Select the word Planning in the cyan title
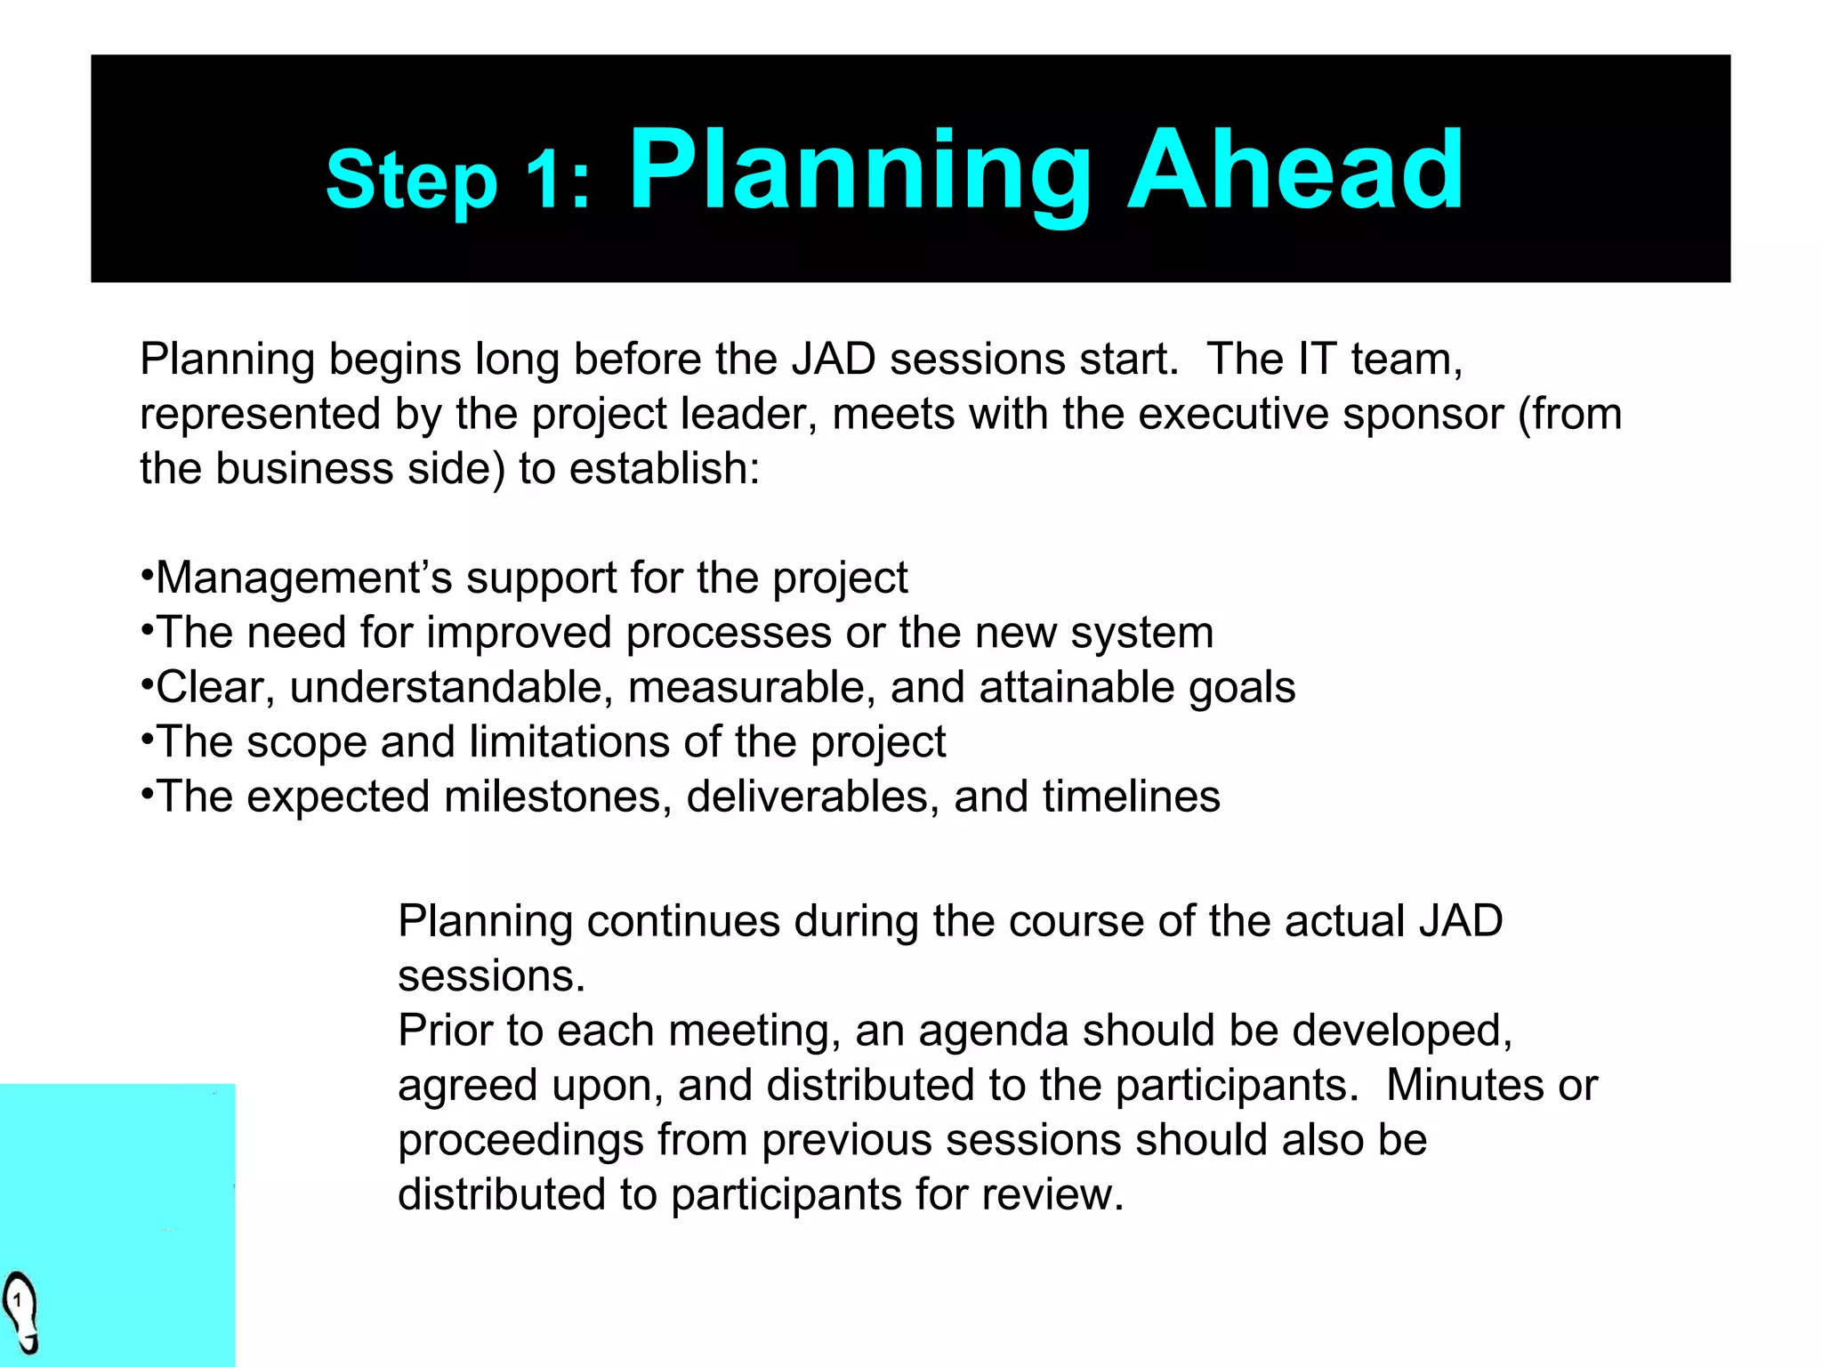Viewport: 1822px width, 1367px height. click(859, 171)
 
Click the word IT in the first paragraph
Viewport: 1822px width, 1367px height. click(1317, 360)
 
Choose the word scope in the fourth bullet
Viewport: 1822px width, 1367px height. click(306, 743)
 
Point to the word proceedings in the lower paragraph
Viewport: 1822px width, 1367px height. click(520, 1141)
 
